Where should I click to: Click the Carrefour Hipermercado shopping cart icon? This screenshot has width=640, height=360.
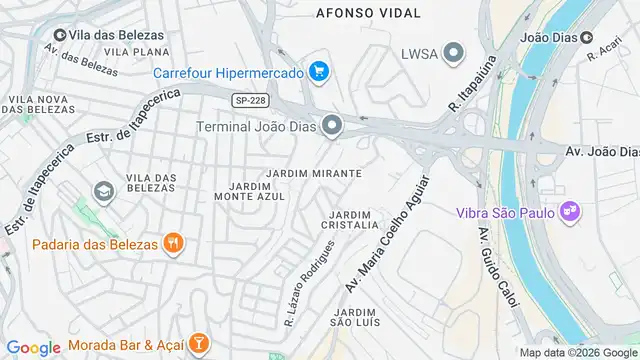pyautogui.click(x=319, y=72)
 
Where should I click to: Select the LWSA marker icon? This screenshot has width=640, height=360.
pyautogui.click(x=455, y=53)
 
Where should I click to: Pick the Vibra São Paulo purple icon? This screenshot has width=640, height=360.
pyautogui.click(x=570, y=212)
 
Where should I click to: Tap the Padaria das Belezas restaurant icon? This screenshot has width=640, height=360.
pyautogui.click(x=174, y=243)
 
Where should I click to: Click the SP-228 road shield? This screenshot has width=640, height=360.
pyautogui.click(x=249, y=100)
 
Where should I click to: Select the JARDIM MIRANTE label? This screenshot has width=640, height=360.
pyautogui.click(x=314, y=174)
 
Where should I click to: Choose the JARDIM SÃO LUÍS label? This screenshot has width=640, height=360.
pyautogui.click(x=354, y=318)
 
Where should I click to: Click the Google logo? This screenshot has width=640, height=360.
pyautogui.click(x=33, y=347)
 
